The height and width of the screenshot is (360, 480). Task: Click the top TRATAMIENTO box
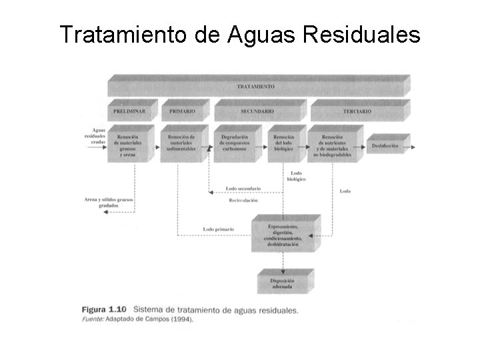pos(256,87)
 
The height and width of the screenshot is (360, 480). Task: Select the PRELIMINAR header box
pos(129,111)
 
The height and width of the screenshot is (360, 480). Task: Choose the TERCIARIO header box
pos(357,111)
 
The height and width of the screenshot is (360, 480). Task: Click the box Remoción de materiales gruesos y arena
pos(130,143)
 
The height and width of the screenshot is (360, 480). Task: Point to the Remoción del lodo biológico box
pos(284,143)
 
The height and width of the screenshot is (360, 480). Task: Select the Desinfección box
pos(386,143)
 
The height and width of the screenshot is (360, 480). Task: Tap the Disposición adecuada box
pos(283,284)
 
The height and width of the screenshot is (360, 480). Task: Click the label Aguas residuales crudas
pos(97,137)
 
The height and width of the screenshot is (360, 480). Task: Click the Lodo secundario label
pos(243,189)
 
